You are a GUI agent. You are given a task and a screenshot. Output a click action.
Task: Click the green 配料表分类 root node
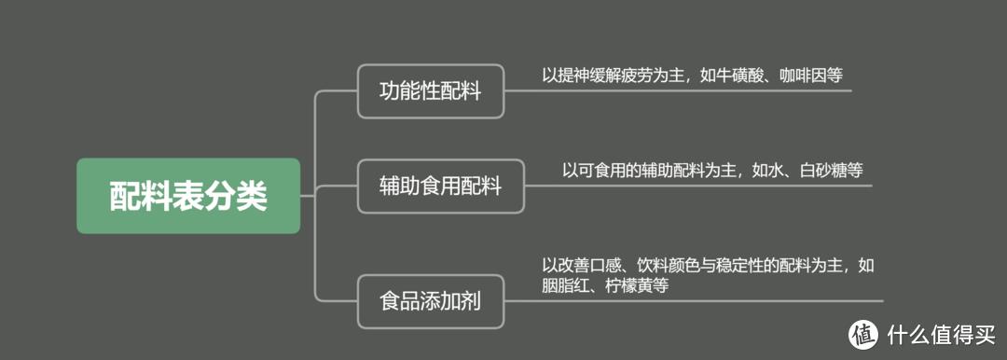(188, 196)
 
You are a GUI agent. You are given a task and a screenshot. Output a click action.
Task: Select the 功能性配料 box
(430, 91)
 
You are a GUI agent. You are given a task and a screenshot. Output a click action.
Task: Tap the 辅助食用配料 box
(440, 186)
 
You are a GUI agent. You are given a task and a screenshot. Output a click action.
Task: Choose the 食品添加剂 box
(430, 301)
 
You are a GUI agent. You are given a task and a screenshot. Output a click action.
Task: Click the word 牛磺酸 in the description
(736, 75)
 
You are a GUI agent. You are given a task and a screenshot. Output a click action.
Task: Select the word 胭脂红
(562, 286)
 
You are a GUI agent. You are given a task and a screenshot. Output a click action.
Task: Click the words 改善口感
(585, 266)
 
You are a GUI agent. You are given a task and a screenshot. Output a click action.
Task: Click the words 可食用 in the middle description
(601, 170)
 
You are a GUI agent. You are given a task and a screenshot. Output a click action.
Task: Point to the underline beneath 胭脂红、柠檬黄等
(709, 300)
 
